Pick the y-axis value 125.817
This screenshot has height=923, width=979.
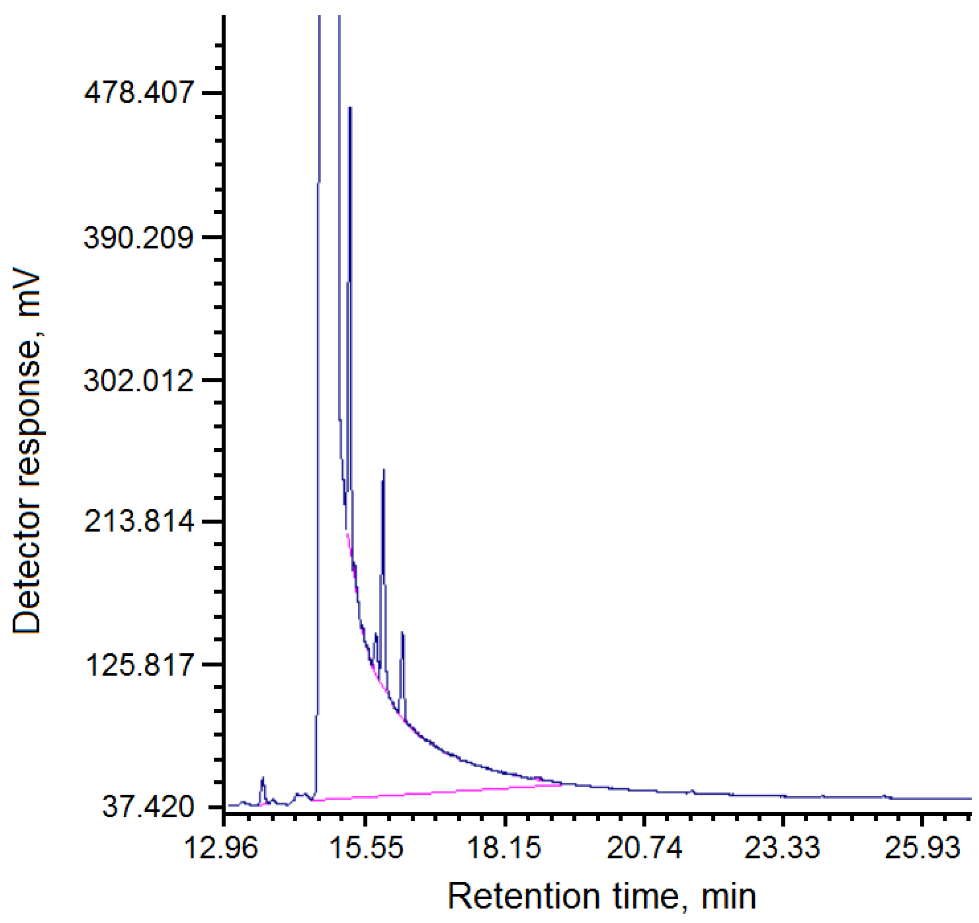point(139,664)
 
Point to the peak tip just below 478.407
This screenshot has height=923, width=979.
point(350,108)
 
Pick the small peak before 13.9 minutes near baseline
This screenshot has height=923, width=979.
point(263,778)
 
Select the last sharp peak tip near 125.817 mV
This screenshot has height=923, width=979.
point(403,632)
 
